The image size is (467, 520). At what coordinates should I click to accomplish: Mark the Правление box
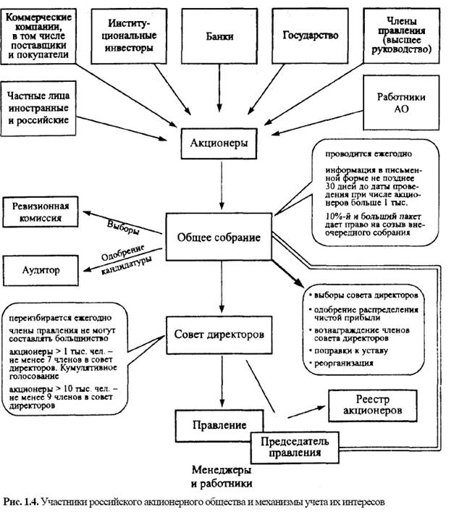point(211,425)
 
